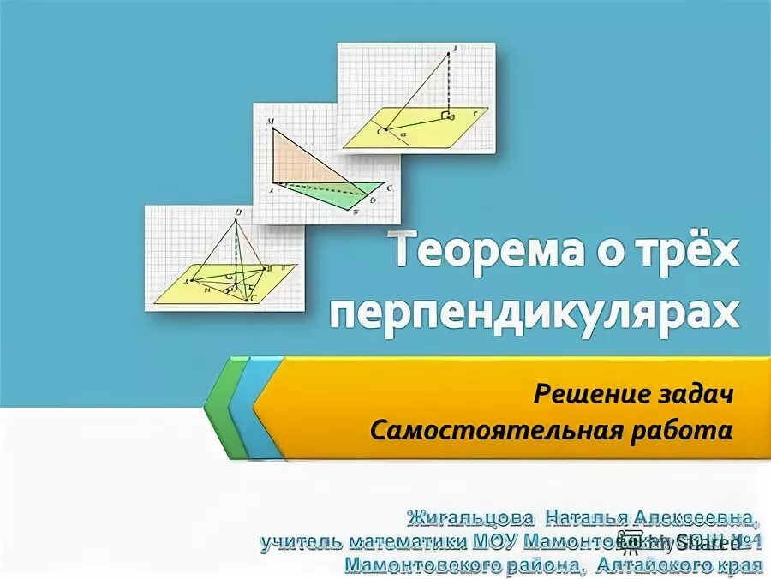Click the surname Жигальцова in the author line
tap(470, 518)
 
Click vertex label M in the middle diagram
tap(270, 122)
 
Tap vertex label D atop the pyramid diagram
tap(237, 212)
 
